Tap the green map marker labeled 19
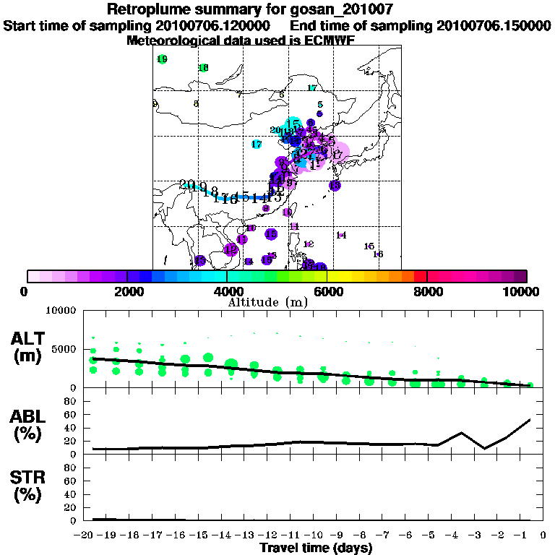tap(162, 59)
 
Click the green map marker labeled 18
tap(204, 68)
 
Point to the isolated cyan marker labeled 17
tap(257, 145)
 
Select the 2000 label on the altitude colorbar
tap(126, 292)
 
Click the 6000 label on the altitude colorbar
tap(327, 292)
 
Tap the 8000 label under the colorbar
tap(428, 292)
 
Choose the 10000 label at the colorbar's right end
tap(522, 292)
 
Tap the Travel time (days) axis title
tap(316, 548)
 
